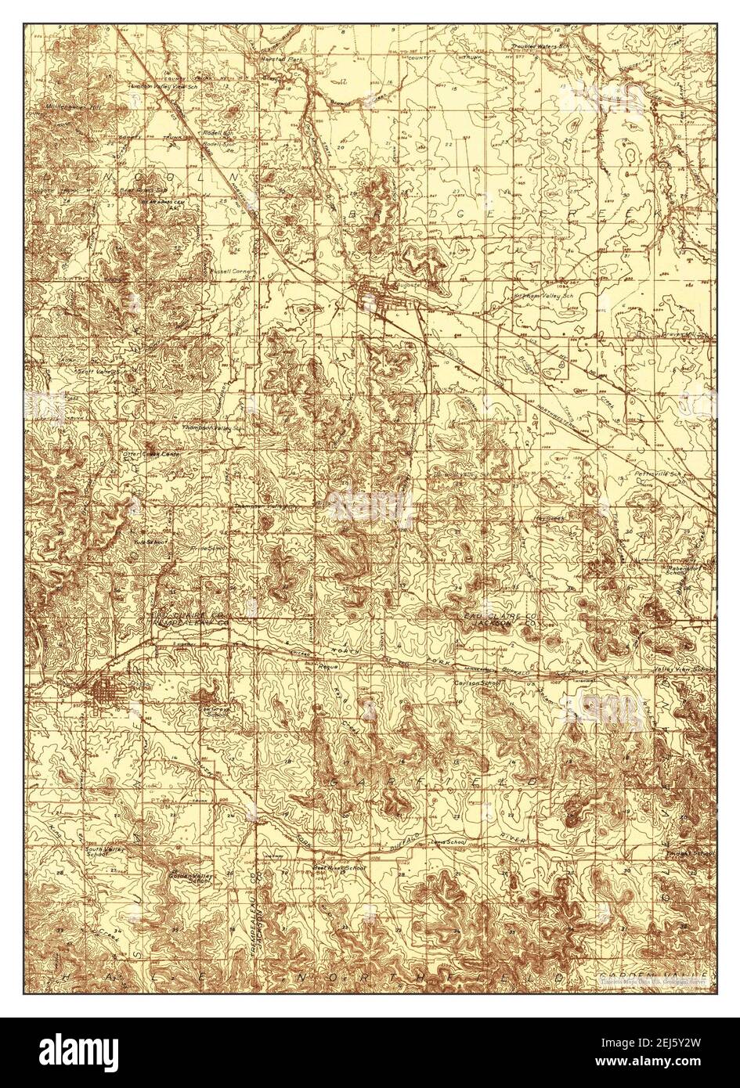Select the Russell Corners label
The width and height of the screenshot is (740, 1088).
[229, 271]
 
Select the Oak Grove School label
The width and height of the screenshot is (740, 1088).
[214, 710]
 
